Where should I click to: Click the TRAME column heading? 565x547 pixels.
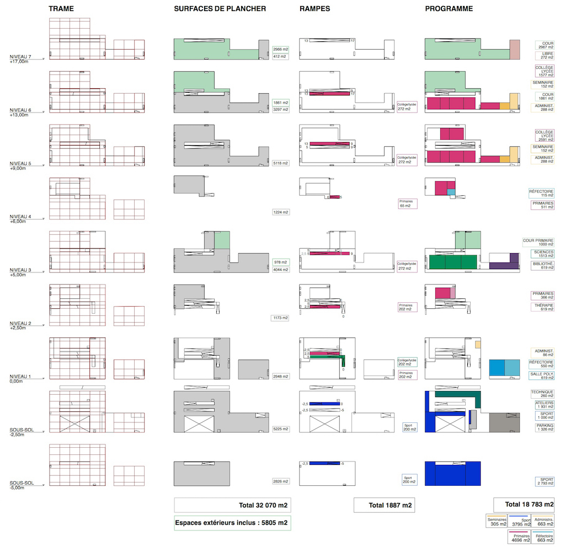tap(61, 9)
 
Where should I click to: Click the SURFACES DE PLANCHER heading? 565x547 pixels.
tap(220, 9)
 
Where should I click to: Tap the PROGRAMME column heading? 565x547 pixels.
tap(449, 9)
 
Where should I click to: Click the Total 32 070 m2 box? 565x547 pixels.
tap(232, 505)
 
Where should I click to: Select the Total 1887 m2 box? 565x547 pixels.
tap(384, 505)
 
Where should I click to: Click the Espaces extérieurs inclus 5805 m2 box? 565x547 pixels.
tap(232, 523)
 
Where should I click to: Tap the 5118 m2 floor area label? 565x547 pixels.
tap(281, 163)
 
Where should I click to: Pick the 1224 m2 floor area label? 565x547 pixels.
tap(281, 212)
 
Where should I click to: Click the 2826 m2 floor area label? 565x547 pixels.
tap(281, 481)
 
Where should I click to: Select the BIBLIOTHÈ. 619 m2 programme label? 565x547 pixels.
tap(543, 266)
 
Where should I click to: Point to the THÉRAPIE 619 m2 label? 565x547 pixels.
tap(543, 307)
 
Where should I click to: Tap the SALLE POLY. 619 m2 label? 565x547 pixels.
tap(543, 375)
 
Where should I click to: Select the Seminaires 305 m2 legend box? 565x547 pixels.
tap(496, 521)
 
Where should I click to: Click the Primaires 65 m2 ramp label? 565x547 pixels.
tap(407, 203)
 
